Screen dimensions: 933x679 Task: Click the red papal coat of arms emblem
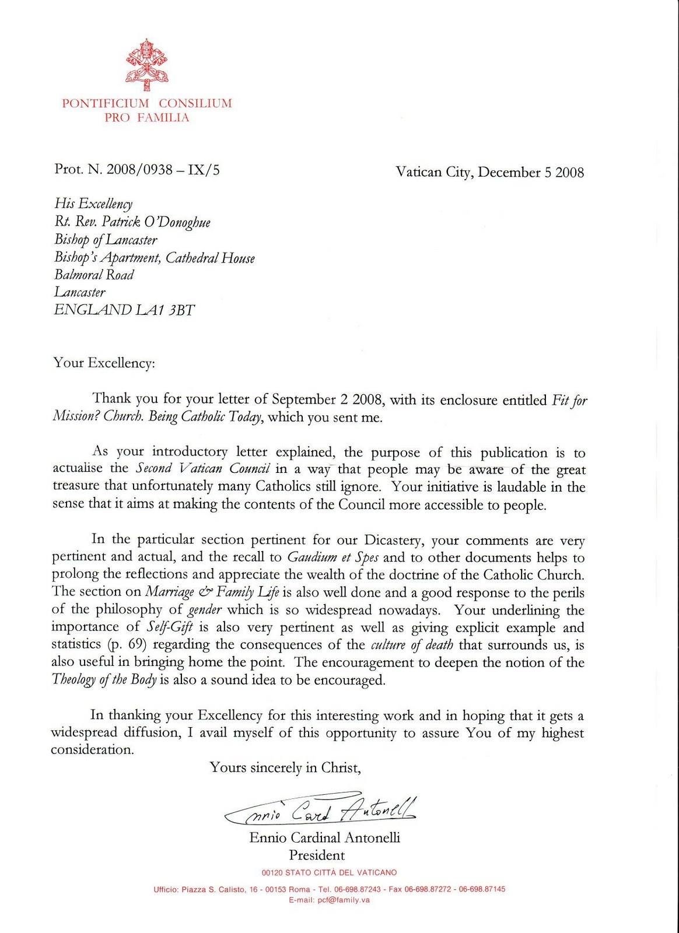[x=146, y=65]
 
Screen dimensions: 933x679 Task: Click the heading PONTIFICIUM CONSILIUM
[x=147, y=103]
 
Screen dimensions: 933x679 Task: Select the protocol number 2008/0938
[x=139, y=170]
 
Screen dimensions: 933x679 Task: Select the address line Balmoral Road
[x=94, y=275]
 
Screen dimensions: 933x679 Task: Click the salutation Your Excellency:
[x=104, y=363]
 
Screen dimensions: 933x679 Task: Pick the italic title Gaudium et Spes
[x=332, y=557]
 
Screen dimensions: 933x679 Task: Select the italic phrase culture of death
[x=412, y=645]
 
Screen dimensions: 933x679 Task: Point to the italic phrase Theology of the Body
[x=104, y=680]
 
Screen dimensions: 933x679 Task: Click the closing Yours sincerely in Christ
[x=285, y=767]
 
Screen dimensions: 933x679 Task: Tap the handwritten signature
[x=321, y=809]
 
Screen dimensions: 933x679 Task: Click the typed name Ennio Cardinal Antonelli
[x=324, y=838]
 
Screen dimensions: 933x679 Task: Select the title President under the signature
[x=317, y=855]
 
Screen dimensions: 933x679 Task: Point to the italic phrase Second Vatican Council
[x=202, y=469]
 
